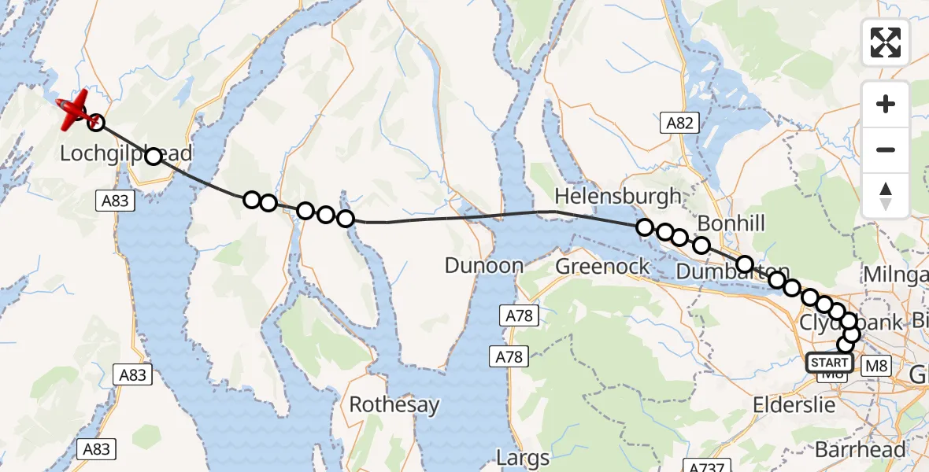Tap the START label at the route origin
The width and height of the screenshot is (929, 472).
[829, 363]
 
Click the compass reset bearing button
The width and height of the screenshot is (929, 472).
[886, 195]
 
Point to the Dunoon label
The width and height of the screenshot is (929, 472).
[484, 266]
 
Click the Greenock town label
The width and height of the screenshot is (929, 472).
[603, 266]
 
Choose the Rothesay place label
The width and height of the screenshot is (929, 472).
[394, 405]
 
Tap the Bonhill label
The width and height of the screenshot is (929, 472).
[731, 223]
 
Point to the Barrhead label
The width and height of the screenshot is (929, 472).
[859, 450]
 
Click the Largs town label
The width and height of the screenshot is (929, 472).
[523, 456]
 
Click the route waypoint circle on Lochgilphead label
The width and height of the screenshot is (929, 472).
[154, 156]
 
